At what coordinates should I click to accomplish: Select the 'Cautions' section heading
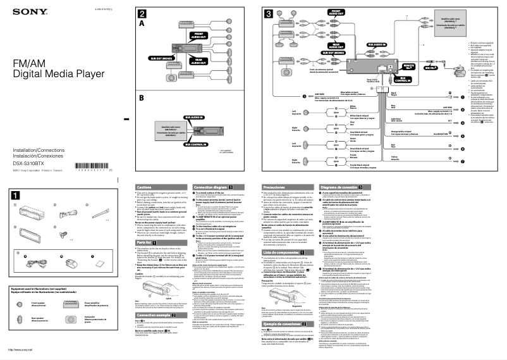(x=145, y=187)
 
